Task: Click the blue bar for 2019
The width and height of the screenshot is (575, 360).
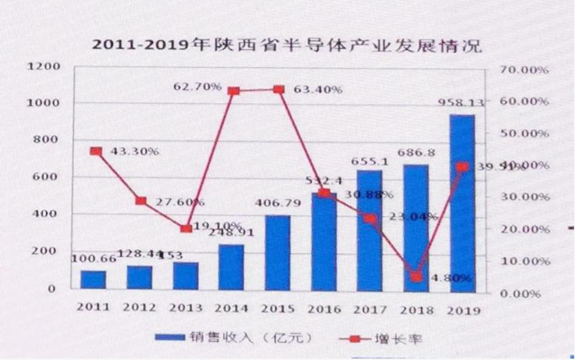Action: pyautogui.click(x=462, y=202)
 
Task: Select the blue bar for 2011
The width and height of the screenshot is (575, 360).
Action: pyautogui.click(x=93, y=279)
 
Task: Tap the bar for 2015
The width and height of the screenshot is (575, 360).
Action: pyautogui.click(x=278, y=253)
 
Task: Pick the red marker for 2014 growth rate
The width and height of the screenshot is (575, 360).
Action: pyautogui.click(x=234, y=90)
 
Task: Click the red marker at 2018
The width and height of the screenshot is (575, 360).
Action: pyautogui.click(x=416, y=276)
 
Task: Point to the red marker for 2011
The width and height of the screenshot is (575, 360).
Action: pyautogui.click(x=96, y=151)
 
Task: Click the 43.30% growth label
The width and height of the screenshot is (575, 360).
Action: pyautogui.click(x=130, y=151)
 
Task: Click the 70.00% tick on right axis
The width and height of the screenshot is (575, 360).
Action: pyautogui.click(x=523, y=70)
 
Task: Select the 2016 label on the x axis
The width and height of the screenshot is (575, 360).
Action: pyautogui.click(x=324, y=308)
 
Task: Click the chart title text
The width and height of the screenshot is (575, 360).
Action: pyautogui.click(x=287, y=45)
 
